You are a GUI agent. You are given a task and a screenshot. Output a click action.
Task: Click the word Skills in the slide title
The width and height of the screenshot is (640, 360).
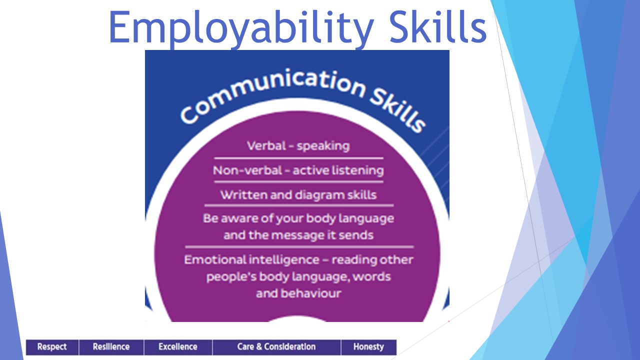click(438, 26)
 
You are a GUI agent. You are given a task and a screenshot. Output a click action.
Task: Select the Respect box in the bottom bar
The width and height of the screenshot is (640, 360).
click(52, 347)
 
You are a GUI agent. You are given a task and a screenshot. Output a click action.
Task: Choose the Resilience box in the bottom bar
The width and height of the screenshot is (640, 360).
click(111, 347)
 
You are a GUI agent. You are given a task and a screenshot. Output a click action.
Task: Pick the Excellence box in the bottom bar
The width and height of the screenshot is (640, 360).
click(178, 347)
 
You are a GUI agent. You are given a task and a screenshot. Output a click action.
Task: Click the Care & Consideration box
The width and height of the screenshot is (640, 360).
click(276, 347)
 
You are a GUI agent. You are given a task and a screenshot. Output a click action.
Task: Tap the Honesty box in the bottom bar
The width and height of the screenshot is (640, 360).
click(368, 347)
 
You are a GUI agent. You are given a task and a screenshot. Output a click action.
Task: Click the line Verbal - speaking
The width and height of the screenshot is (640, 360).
click(298, 146)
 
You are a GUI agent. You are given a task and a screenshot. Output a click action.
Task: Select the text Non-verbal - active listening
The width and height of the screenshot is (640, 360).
click(298, 170)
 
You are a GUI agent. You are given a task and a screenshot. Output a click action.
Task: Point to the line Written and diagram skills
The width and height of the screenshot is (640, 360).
click(298, 195)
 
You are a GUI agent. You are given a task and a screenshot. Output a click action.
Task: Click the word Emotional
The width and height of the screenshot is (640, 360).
click(214, 259)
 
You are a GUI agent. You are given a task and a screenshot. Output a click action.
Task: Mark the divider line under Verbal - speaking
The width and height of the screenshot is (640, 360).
click(298, 158)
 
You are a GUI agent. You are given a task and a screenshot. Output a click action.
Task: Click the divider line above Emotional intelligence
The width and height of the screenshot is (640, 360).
click(299, 246)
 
